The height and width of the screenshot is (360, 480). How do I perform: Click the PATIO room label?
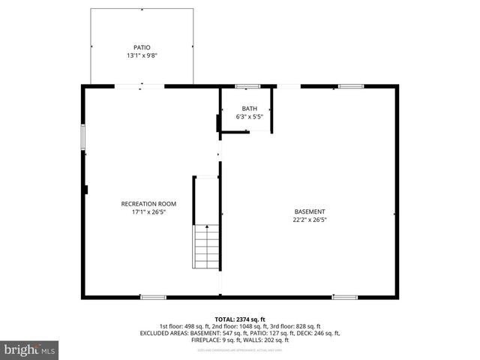(x=142, y=47)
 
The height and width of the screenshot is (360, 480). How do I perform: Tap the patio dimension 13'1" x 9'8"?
(x=142, y=55)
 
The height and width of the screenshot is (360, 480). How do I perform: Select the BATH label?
(x=249, y=109)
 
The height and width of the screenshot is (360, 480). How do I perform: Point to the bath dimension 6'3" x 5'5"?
(x=249, y=117)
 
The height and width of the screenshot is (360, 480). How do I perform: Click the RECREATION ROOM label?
(x=148, y=204)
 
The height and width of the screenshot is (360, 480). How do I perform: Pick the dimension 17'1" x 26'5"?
(x=148, y=212)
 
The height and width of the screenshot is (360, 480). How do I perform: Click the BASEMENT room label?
(x=310, y=211)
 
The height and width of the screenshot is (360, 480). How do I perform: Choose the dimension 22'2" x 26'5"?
(x=310, y=220)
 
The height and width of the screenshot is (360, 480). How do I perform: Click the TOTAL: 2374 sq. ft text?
(x=240, y=319)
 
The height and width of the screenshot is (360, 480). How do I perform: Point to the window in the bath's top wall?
(x=247, y=86)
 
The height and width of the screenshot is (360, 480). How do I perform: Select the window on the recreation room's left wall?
(x=83, y=138)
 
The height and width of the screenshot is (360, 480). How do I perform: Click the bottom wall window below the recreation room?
(x=153, y=297)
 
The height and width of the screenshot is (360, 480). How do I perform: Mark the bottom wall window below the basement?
(x=345, y=297)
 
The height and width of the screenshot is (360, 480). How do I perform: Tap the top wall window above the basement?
(x=350, y=86)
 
